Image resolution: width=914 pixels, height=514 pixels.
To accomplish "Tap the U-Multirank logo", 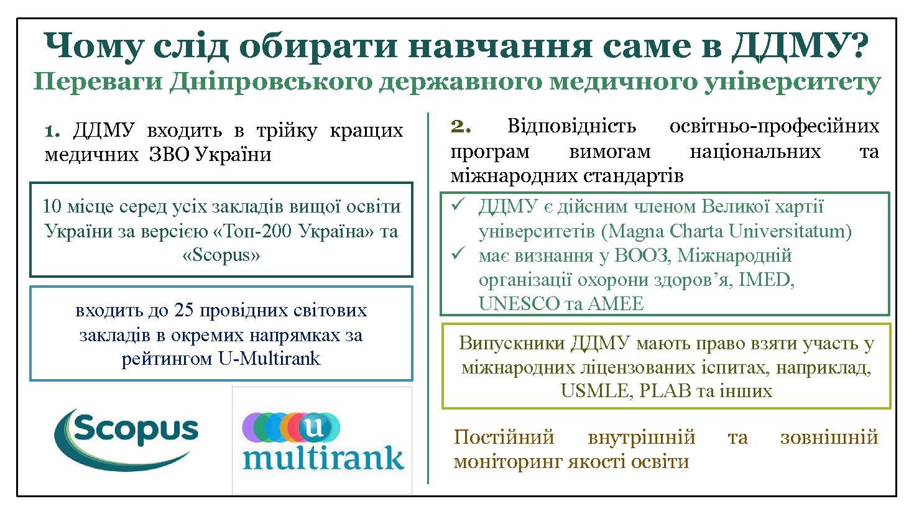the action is pyautogui.click(x=323, y=441).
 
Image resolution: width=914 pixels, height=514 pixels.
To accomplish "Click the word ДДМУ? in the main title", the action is pyautogui.click(x=800, y=46).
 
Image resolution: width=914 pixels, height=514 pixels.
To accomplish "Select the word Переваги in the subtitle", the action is pyautogui.click(x=98, y=81).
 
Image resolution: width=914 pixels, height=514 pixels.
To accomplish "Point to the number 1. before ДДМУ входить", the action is pyautogui.click(x=52, y=131).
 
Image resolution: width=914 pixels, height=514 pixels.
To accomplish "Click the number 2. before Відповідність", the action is pyautogui.click(x=461, y=126).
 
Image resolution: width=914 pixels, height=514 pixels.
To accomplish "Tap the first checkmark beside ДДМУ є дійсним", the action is pyautogui.click(x=458, y=204).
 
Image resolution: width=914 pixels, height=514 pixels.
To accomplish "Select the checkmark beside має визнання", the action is pyautogui.click(x=458, y=254).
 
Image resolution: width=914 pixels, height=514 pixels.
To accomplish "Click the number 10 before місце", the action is pyautogui.click(x=52, y=206).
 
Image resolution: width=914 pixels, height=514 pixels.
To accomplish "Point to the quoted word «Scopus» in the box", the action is pyautogui.click(x=221, y=255).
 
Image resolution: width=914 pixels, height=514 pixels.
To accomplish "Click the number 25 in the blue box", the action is pyautogui.click(x=183, y=310).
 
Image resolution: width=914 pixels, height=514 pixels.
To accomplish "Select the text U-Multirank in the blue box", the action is pyautogui.click(x=269, y=359).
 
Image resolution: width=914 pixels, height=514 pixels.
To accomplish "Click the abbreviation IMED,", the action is pyautogui.click(x=767, y=280).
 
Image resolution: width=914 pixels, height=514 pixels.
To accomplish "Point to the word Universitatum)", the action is pyautogui.click(x=790, y=232).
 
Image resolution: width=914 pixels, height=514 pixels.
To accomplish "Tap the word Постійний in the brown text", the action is pyautogui.click(x=504, y=438).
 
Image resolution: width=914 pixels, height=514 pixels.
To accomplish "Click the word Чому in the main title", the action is pyautogui.click(x=94, y=47).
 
